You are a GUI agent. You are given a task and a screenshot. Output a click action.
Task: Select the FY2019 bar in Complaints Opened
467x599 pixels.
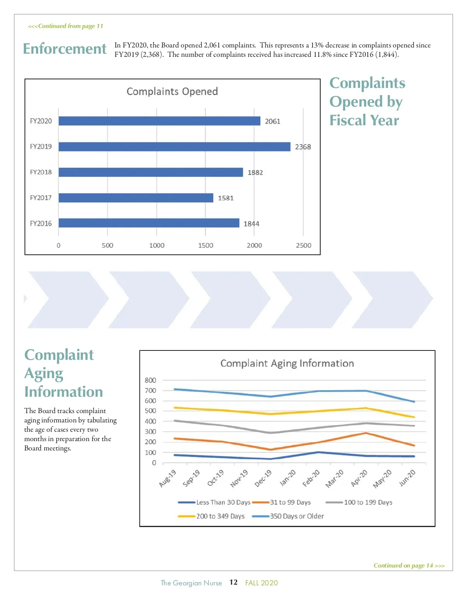(x=174, y=147)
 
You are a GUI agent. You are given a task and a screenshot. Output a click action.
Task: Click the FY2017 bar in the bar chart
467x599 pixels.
(x=136, y=198)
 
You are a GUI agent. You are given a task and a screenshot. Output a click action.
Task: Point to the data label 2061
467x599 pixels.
(x=272, y=121)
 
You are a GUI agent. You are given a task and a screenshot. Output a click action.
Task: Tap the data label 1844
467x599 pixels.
(x=251, y=224)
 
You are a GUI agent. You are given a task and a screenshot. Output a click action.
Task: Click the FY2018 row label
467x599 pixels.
(x=41, y=172)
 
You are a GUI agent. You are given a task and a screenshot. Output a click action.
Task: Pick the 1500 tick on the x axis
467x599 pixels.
(x=205, y=245)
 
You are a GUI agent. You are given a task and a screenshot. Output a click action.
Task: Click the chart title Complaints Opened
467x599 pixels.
(x=172, y=91)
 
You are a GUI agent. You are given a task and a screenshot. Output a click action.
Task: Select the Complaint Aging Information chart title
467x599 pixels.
(x=287, y=363)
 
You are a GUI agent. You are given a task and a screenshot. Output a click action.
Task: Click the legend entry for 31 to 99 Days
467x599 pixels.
(x=290, y=503)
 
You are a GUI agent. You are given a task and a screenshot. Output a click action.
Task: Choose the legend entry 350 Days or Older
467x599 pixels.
(x=297, y=516)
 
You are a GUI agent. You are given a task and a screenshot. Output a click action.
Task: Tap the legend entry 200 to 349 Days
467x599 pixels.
(x=220, y=516)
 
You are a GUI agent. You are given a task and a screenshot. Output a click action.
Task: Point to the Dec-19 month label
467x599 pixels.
(x=263, y=478)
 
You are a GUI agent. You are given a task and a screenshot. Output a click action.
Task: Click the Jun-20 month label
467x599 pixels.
(x=407, y=478)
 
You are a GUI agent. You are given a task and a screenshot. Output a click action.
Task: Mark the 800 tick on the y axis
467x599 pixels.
(x=150, y=380)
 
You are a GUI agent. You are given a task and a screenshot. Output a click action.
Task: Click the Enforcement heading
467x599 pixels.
(x=65, y=49)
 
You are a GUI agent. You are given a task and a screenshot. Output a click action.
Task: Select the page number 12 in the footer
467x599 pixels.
(x=233, y=582)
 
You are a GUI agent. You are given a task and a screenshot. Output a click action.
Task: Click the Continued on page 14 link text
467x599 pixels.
(x=409, y=566)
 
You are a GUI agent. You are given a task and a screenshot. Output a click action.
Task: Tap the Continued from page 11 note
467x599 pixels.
(x=65, y=26)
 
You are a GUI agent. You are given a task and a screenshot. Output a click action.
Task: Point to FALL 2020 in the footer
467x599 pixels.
(x=262, y=583)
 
